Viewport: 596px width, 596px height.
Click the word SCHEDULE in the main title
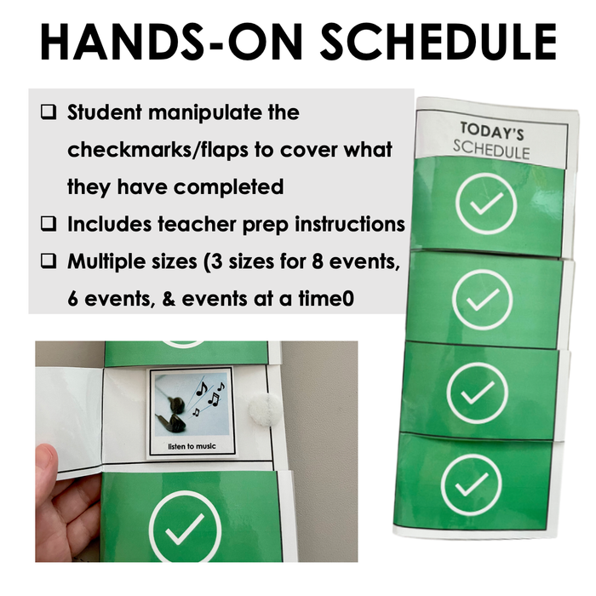pyautogui.click(x=438, y=42)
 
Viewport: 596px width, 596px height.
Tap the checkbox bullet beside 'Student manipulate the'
pyautogui.click(x=49, y=112)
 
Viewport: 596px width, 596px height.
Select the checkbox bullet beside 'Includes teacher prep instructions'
pyautogui.click(x=49, y=223)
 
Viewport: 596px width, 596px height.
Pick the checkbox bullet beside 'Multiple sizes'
pyautogui.click(x=49, y=261)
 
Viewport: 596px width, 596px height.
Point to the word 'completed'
pyautogui.click(x=229, y=187)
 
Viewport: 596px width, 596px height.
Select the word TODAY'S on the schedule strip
pyautogui.click(x=492, y=131)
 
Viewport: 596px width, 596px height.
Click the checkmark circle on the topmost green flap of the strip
pyautogui.click(x=486, y=203)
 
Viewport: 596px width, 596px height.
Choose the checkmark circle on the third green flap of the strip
pyautogui.click(x=477, y=393)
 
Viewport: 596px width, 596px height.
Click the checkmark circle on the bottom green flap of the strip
pyautogui.click(x=472, y=484)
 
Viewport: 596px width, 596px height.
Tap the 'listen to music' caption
pyautogui.click(x=192, y=446)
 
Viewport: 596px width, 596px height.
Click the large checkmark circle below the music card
pyautogui.click(x=185, y=525)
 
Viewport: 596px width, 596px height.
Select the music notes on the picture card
pyautogui.click(x=209, y=395)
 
